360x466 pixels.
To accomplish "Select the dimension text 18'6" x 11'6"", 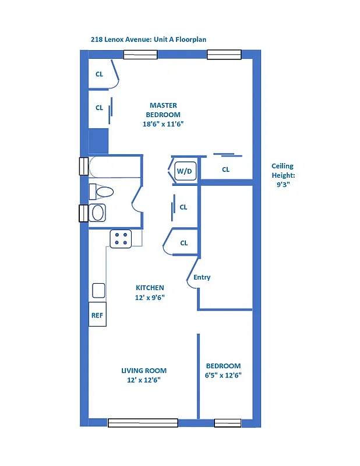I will coord(163,124).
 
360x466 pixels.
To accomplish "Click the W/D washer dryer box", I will coord(184,171).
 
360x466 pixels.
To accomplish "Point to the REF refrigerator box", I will coord(97,315).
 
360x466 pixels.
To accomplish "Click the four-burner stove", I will coord(121,239).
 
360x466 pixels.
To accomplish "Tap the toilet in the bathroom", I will coord(101,191).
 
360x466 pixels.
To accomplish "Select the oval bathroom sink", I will coord(97,213).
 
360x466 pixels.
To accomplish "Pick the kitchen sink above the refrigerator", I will coord(98,290).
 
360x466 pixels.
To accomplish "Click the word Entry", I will coord(202,277).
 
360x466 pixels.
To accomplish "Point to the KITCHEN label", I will coord(150,288).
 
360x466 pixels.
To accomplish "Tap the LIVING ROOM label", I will coord(144,370).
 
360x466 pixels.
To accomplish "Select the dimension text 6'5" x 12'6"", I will coord(224,375).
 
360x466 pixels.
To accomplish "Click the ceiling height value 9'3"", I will coord(283,184).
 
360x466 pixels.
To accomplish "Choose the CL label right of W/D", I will coord(225,170).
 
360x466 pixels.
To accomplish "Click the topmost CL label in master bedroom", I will coord(99,74).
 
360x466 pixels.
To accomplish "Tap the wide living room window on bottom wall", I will coord(143,423).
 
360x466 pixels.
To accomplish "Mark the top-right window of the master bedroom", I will coord(224,55).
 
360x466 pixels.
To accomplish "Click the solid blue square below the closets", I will coord(98,141).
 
